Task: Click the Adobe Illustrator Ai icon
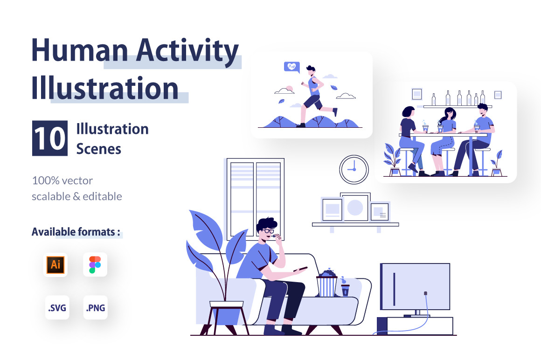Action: (55, 264)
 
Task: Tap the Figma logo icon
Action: (95, 264)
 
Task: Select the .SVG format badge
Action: (57, 307)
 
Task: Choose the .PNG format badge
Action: (96, 307)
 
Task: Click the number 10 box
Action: (50, 138)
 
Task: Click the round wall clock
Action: (354, 170)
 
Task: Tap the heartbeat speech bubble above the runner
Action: (291, 67)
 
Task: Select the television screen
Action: (415, 286)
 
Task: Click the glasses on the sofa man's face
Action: (269, 231)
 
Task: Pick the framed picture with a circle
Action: (355, 207)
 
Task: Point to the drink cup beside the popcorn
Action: (345, 289)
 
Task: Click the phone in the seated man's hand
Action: (300, 269)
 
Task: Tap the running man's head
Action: (311, 70)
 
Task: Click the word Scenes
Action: (99, 149)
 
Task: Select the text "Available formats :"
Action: (76, 232)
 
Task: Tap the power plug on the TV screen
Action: (425, 293)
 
